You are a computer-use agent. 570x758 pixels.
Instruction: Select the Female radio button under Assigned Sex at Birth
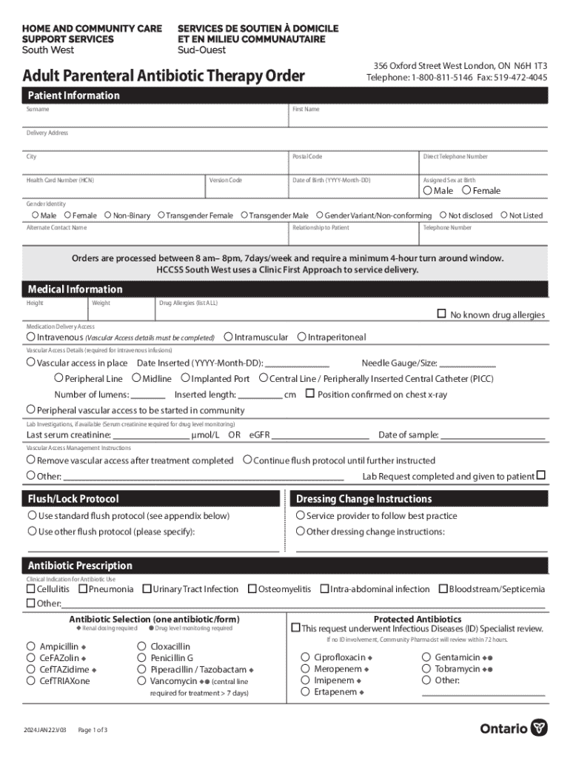click(x=466, y=190)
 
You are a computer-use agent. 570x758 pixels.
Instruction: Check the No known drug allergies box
click(x=441, y=314)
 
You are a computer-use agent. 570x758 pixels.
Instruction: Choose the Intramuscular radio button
click(x=228, y=337)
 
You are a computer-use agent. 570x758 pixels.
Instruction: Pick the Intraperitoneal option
click(x=301, y=337)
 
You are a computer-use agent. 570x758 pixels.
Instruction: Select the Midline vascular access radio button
click(x=136, y=378)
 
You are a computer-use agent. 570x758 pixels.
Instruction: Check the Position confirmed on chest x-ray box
click(x=310, y=394)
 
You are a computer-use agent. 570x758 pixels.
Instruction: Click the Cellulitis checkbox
click(x=31, y=589)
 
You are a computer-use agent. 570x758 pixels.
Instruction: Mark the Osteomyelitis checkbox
click(x=252, y=589)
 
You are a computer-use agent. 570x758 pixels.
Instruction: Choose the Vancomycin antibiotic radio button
click(x=142, y=680)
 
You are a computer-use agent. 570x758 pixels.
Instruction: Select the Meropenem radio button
click(x=305, y=668)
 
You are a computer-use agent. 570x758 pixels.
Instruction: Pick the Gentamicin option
click(x=426, y=657)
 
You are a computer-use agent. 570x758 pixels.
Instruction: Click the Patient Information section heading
click(x=73, y=95)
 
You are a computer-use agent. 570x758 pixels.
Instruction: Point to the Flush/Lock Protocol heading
click(x=73, y=499)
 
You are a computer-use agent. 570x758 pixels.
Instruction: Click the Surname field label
click(x=38, y=110)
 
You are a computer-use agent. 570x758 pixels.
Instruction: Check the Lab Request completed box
click(x=540, y=475)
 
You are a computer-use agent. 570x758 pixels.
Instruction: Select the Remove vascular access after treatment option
click(x=31, y=460)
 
